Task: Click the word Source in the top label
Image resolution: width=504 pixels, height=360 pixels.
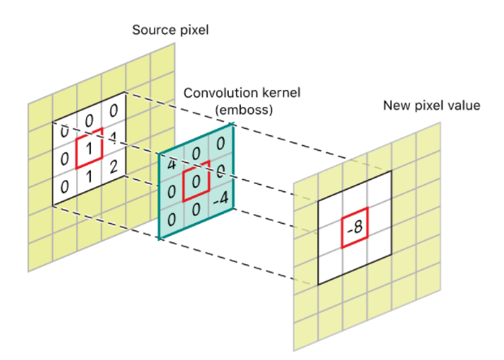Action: [x=151, y=31]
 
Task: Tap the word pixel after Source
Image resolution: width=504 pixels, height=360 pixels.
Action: [x=192, y=31]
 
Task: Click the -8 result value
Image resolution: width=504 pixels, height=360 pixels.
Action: [x=355, y=229]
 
